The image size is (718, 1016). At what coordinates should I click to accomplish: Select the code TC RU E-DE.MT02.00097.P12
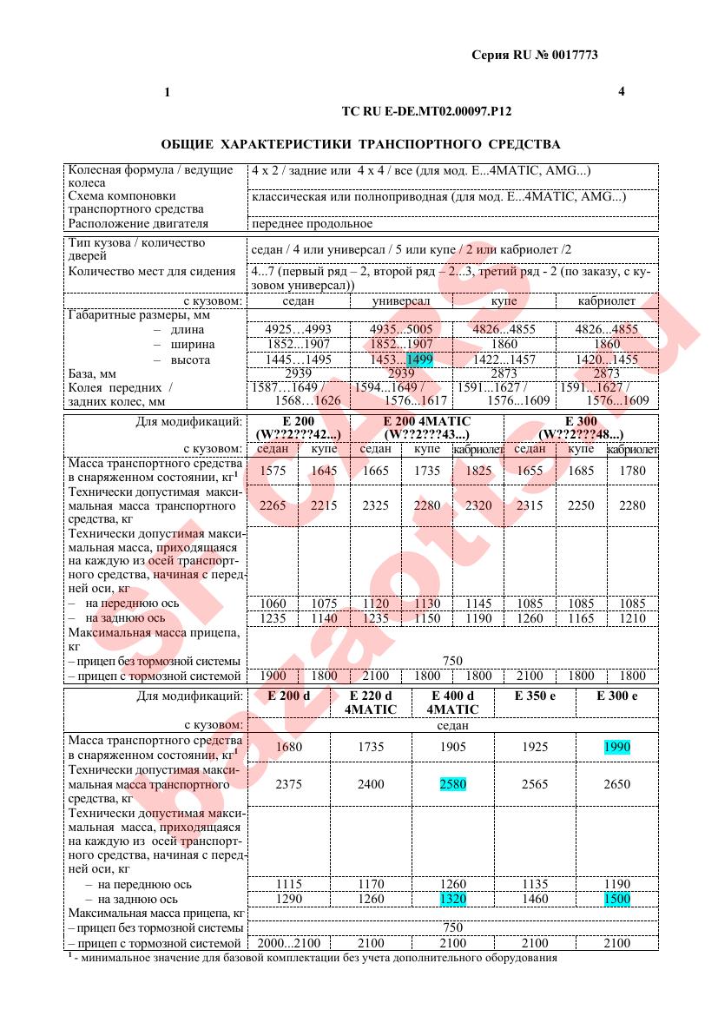[427, 112]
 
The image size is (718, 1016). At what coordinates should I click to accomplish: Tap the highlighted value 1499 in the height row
[419, 360]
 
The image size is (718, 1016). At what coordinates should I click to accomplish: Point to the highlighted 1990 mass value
[617, 747]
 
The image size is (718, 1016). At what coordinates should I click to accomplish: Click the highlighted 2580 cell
[453, 784]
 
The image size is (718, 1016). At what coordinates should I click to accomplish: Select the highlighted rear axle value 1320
[453, 900]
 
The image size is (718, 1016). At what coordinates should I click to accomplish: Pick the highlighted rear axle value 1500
[617, 900]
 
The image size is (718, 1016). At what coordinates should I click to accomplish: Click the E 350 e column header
[535, 696]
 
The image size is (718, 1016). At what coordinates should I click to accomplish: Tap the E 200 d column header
[289, 696]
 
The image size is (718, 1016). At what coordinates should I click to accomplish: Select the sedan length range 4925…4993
[299, 330]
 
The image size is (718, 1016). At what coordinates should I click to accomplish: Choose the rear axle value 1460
[535, 900]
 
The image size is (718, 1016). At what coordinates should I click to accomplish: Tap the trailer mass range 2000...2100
[289, 943]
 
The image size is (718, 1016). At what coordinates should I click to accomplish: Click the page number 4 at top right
[622, 91]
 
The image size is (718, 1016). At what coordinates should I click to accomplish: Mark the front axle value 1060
[273, 604]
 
